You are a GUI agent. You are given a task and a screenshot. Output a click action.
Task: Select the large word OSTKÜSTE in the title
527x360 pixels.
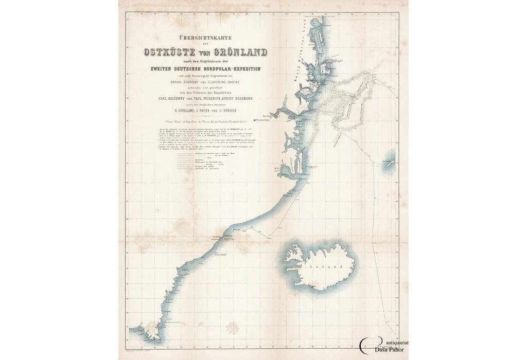tap(170, 51)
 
